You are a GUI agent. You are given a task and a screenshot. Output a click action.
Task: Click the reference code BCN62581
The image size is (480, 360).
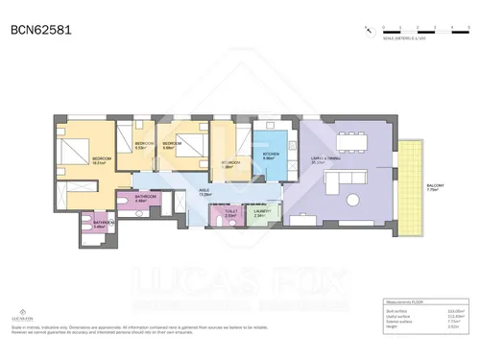point(39,31)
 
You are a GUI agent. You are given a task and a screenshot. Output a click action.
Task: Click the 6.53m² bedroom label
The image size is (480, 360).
point(140,146)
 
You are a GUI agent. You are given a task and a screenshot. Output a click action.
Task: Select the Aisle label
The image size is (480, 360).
point(204,192)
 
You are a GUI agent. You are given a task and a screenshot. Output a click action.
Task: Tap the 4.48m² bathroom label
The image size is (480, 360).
point(140,199)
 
